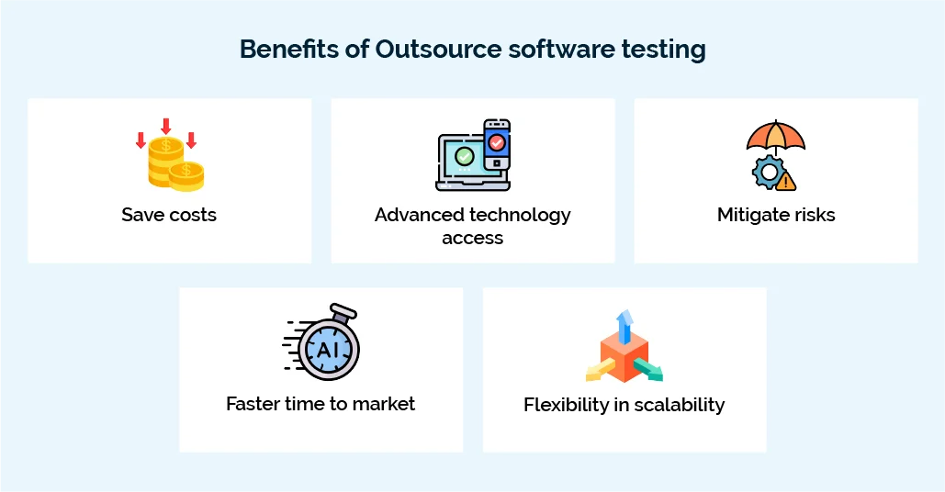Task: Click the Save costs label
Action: pos(169,215)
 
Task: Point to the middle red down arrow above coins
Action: pos(166,126)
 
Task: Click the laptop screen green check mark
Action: pos(465,155)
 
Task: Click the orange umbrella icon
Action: pos(775,136)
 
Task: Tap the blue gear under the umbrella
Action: pos(765,171)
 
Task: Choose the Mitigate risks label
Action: pos(776,215)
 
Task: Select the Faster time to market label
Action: pos(321,403)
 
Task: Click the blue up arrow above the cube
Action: pos(624,323)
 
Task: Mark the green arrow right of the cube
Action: pos(648,370)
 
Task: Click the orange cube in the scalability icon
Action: pos(624,356)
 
